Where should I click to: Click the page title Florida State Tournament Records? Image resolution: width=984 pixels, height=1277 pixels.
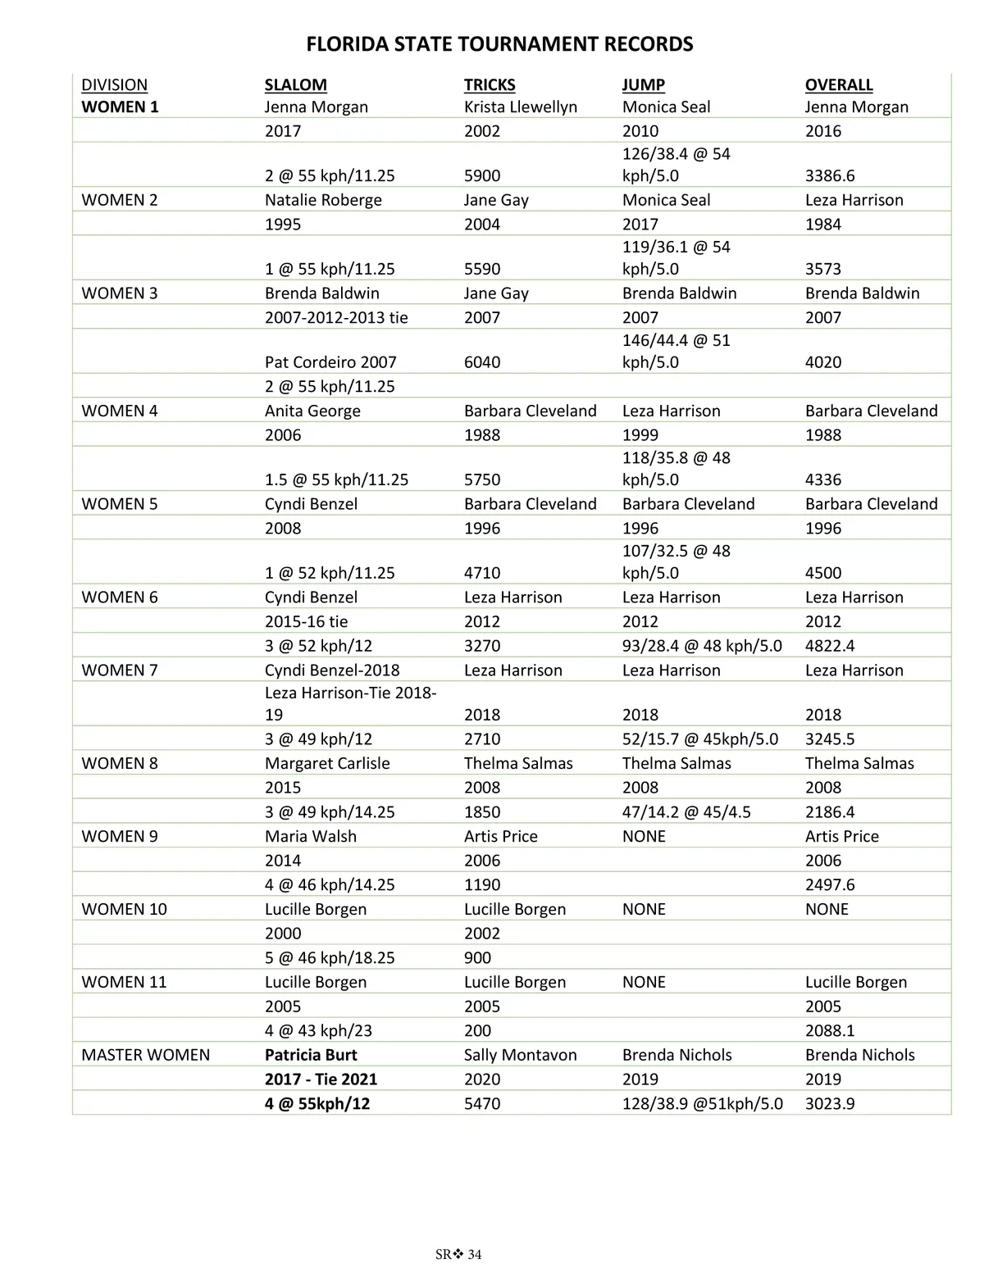click(x=499, y=44)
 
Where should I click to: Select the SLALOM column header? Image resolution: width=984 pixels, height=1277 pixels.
click(x=295, y=84)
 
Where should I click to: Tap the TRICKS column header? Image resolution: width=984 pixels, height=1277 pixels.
click(x=490, y=84)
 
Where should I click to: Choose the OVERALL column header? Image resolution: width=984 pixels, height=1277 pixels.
click(x=838, y=84)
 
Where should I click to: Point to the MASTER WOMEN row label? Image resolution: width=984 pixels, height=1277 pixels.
click(x=145, y=1055)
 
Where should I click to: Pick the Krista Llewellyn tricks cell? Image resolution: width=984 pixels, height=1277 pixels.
click(x=520, y=107)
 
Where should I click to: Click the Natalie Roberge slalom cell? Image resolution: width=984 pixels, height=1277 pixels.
click(x=323, y=200)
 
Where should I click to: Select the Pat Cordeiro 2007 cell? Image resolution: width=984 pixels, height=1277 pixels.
click(x=330, y=362)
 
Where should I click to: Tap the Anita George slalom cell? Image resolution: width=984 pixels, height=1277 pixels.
click(x=312, y=411)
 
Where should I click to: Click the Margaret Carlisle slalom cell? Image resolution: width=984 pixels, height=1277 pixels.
click(x=327, y=763)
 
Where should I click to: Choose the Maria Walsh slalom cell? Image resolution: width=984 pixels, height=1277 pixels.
click(x=310, y=836)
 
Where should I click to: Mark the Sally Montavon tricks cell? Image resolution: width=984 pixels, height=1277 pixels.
click(x=520, y=1055)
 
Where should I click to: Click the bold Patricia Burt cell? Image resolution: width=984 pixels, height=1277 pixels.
click(x=311, y=1055)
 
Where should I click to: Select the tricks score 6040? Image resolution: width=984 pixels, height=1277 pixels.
click(x=482, y=362)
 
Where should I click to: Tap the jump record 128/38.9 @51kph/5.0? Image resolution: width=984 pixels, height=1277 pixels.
click(x=702, y=1104)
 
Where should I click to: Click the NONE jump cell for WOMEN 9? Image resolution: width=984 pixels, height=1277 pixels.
click(x=644, y=836)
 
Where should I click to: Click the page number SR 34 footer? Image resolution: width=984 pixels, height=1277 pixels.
click(x=458, y=1255)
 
